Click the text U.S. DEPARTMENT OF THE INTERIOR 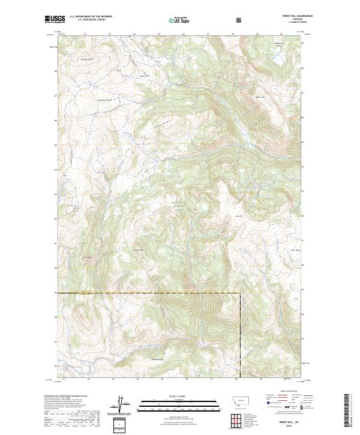coord(91,16)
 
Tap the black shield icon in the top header coord(239,20)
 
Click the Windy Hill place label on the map coord(259,97)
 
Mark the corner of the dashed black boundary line coord(240,293)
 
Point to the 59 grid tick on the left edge coord(56,293)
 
